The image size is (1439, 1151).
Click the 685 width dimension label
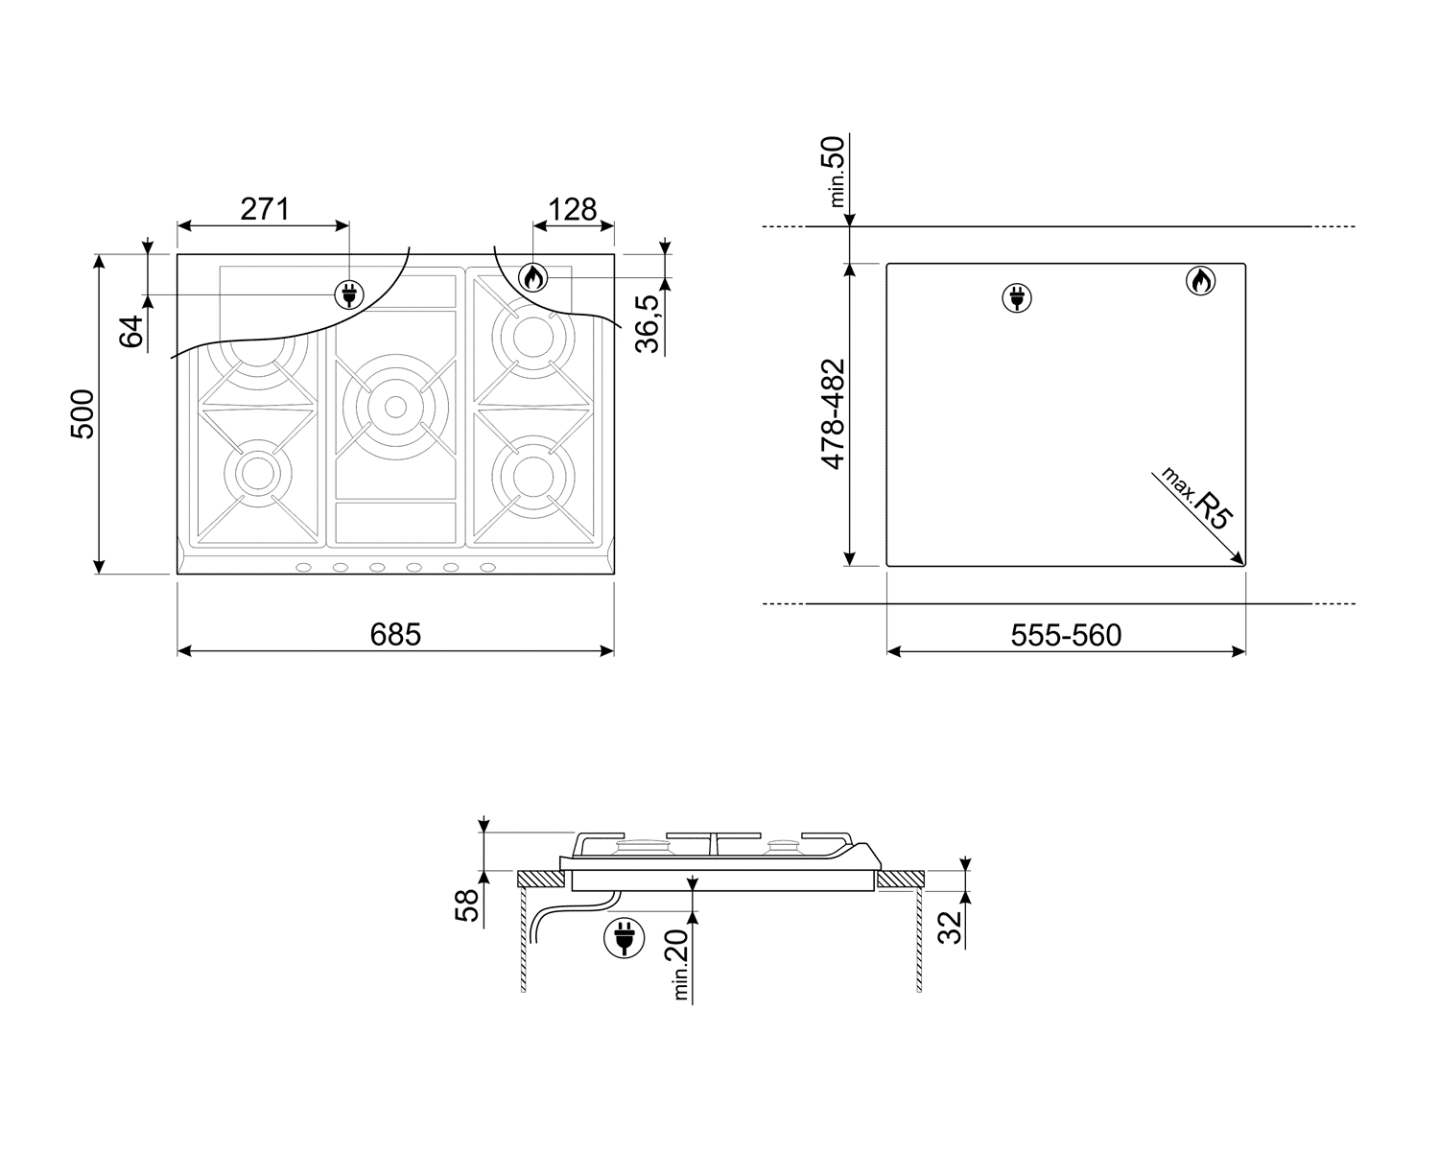[x=395, y=635]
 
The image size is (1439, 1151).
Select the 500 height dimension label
[x=83, y=414]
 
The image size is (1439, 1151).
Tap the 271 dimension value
[x=265, y=209]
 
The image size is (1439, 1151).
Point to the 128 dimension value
[x=573, y=209]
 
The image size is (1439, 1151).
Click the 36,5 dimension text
[x=648, y=323]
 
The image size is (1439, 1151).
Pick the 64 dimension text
[x=131, y=331]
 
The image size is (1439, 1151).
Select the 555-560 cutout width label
[x=1066, y=635]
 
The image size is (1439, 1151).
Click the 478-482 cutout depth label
[x=833, y=414]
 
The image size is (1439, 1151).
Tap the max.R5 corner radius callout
[x=1196, y=498]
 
